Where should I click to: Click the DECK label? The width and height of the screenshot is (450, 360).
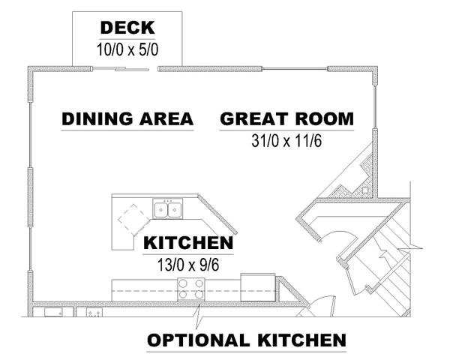pyautogui.click(x=127, y=28)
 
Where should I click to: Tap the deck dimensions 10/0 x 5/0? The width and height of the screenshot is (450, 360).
pyautogui.click(x=127, y=49)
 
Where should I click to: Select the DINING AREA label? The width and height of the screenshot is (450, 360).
pyautogui.click(x=127, y=118)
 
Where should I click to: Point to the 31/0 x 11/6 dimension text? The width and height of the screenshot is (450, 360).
pyautogui.click(x=286, y=141)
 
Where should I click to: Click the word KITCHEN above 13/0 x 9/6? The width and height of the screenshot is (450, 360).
pyautogui.click(x=188, y=243)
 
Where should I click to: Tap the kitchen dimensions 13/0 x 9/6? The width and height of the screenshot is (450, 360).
pyautogui.click(x=188, y=265)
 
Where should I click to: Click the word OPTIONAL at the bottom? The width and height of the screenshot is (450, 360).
pyautogui.click(x=198, y=340)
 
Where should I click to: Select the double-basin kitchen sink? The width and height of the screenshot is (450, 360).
pyautogui.click(x=168, y=209)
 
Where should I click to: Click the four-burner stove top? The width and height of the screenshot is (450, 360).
pyautogui.click(x=191, y=289)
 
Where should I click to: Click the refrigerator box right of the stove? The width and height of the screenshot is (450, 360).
pyautogui.click(x=258, y=287)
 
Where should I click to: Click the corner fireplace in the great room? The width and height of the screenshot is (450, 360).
pyautogui.click(x=352, y=175)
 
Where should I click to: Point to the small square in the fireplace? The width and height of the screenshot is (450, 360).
pyautogui.click(x=365, y=190)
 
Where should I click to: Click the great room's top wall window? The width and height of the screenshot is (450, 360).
pyautogui.click(x=295, y=69)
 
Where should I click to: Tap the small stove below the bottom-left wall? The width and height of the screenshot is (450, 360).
pyautogui.click(x=94, y=312)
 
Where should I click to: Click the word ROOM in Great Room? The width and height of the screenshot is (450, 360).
pyautogui.click(x=325, y=118)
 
